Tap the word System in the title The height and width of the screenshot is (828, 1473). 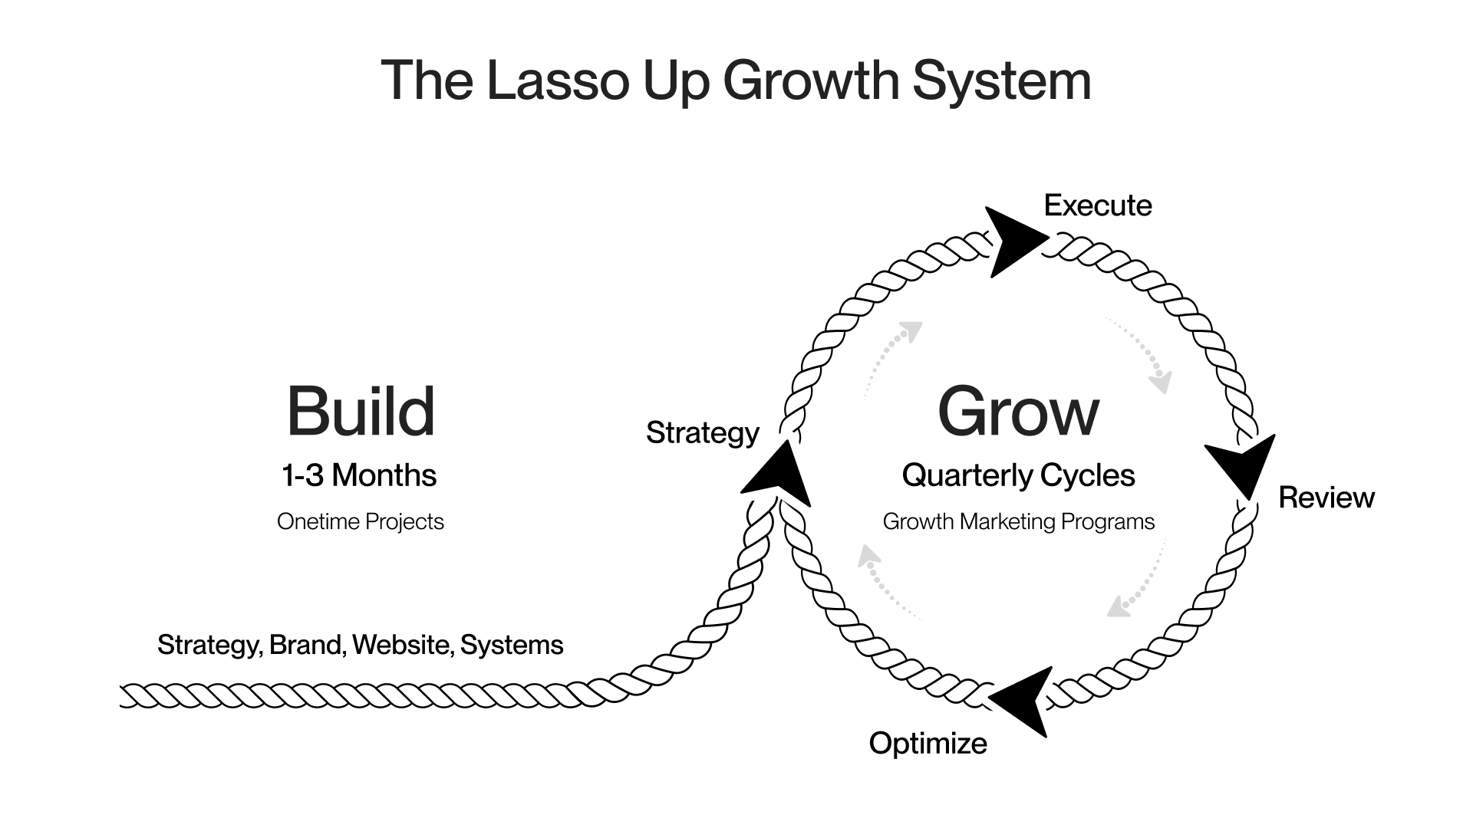coord(1001,80)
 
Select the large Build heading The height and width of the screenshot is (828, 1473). coord(361,412)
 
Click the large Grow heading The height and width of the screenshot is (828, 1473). coord(1018,412)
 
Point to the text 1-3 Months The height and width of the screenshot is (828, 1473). coord(359,476)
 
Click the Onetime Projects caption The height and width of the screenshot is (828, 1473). coord(361,522)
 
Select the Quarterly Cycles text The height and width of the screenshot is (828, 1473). coord(1018,476)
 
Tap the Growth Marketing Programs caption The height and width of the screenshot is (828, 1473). coord(1018,522)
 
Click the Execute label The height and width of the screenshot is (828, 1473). coord(1098,205)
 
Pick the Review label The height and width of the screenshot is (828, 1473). coord(1326,498)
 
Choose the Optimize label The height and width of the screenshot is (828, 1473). coord(928,743)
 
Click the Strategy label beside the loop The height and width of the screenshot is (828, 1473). coord(702,433)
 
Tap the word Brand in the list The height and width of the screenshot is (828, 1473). coord(305,646)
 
